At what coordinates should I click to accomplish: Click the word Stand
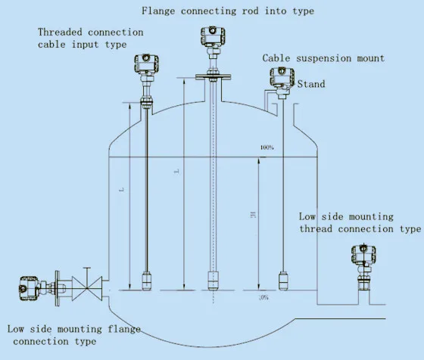(x=310, y=84)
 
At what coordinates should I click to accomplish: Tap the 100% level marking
(x=267, y=147)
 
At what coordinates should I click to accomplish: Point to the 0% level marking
(x=263, y=298)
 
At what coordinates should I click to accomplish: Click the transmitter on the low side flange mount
(x=28, y=288)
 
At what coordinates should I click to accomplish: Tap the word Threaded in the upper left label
(x=61, y=33)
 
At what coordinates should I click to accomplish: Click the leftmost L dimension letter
(x=122, y=190)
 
